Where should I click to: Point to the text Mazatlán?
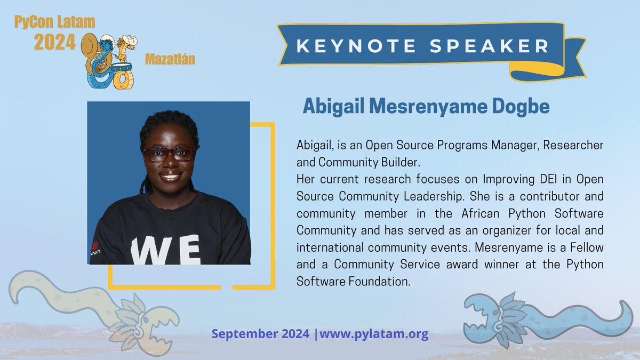pyautogui.click(x=170, y=60)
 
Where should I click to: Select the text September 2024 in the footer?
pyautogui.click(x=260, y=335)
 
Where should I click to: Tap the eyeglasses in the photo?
pyautogui.click(x=170, y=154)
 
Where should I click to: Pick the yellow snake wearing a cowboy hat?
pyautogui.click(x=124, y=59)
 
